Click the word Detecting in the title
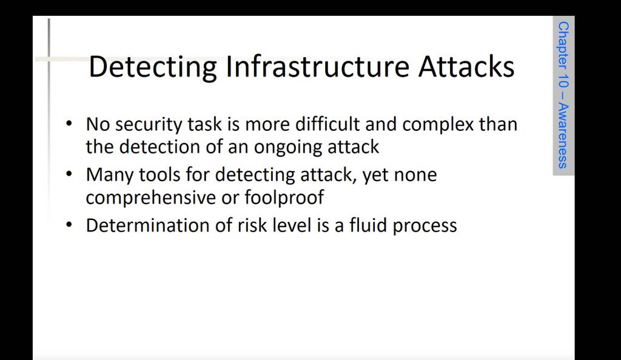tap(153, 67)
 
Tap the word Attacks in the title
tap(466, 66)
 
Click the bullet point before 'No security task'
tap(69, 124)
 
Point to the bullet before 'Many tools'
tap(69, 174)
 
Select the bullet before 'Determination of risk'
tap(69, 225)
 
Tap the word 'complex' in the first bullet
tap(438, 125)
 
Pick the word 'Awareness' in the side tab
tap(563, 136)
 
